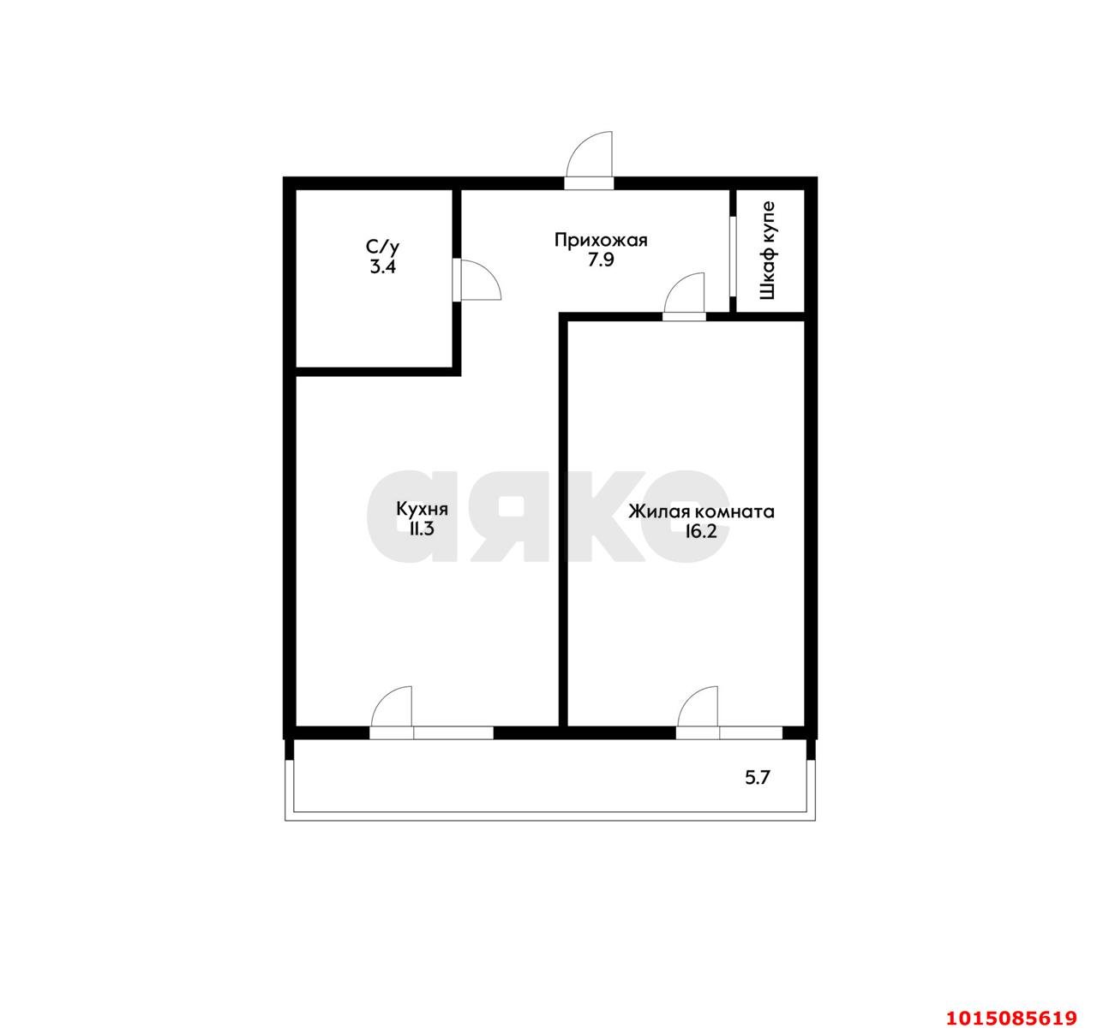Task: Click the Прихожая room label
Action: point(601,240)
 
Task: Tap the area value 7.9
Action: point(601,260)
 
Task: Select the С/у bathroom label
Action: point(382,247)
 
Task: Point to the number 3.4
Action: point(383,267)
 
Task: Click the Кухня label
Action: point(422,509)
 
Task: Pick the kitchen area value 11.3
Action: point(422,529)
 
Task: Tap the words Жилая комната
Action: point(702,511)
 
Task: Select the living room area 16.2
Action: point(701,531)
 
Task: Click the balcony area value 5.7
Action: point(758,778)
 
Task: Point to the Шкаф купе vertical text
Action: point(768,251)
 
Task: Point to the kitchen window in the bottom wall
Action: point(453,733)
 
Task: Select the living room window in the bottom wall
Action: point(751,733)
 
